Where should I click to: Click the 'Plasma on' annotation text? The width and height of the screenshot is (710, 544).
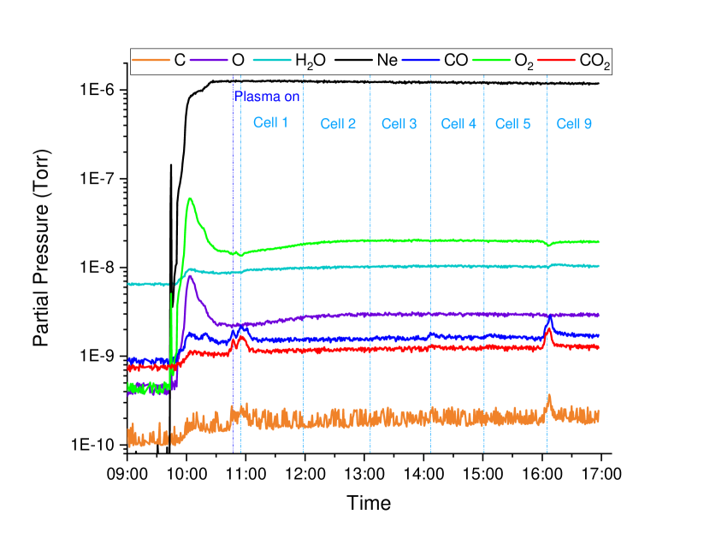[x=267, y=97]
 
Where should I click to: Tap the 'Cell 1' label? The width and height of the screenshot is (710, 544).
[x=270, y=122]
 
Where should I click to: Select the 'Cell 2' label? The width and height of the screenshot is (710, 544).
[x=338, y=124]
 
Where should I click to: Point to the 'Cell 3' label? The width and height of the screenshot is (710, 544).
[x=399, y=124]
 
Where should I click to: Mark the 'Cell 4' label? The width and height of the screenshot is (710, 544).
[x=459, y=124]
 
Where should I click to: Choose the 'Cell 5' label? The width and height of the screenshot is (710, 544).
[x=512, y=124]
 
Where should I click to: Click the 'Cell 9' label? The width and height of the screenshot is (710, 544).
[x=574, y=124]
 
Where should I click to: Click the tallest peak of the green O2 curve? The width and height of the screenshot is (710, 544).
[x=190, y=198]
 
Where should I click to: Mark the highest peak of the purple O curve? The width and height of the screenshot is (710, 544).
[x=190, y=275]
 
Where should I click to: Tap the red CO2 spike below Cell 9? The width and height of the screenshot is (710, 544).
[x=548, y=330]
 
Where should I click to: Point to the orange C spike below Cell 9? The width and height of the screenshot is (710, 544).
[x=549, y=396]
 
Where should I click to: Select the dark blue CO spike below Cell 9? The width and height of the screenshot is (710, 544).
[x=549, y=318]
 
